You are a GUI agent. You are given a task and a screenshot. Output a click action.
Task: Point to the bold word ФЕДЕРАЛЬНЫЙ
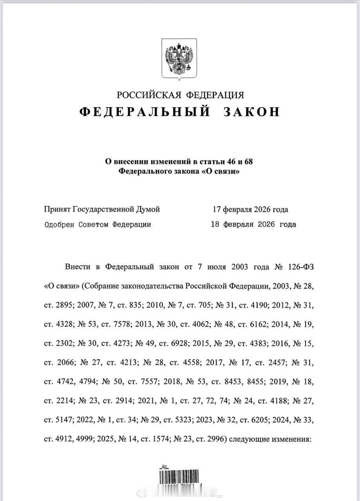(x=144, y=112)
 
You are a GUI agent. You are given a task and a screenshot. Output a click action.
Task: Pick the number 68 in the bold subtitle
(x=252, y=161)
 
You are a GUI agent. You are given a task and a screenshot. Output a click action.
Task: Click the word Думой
(x=148, y=209)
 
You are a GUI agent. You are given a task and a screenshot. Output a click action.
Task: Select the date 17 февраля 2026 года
(x=250, y=209)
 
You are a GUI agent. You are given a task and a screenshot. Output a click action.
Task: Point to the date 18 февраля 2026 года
(x=253, y=225)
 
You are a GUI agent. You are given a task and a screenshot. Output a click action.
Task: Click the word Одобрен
(x=60, y=225)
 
